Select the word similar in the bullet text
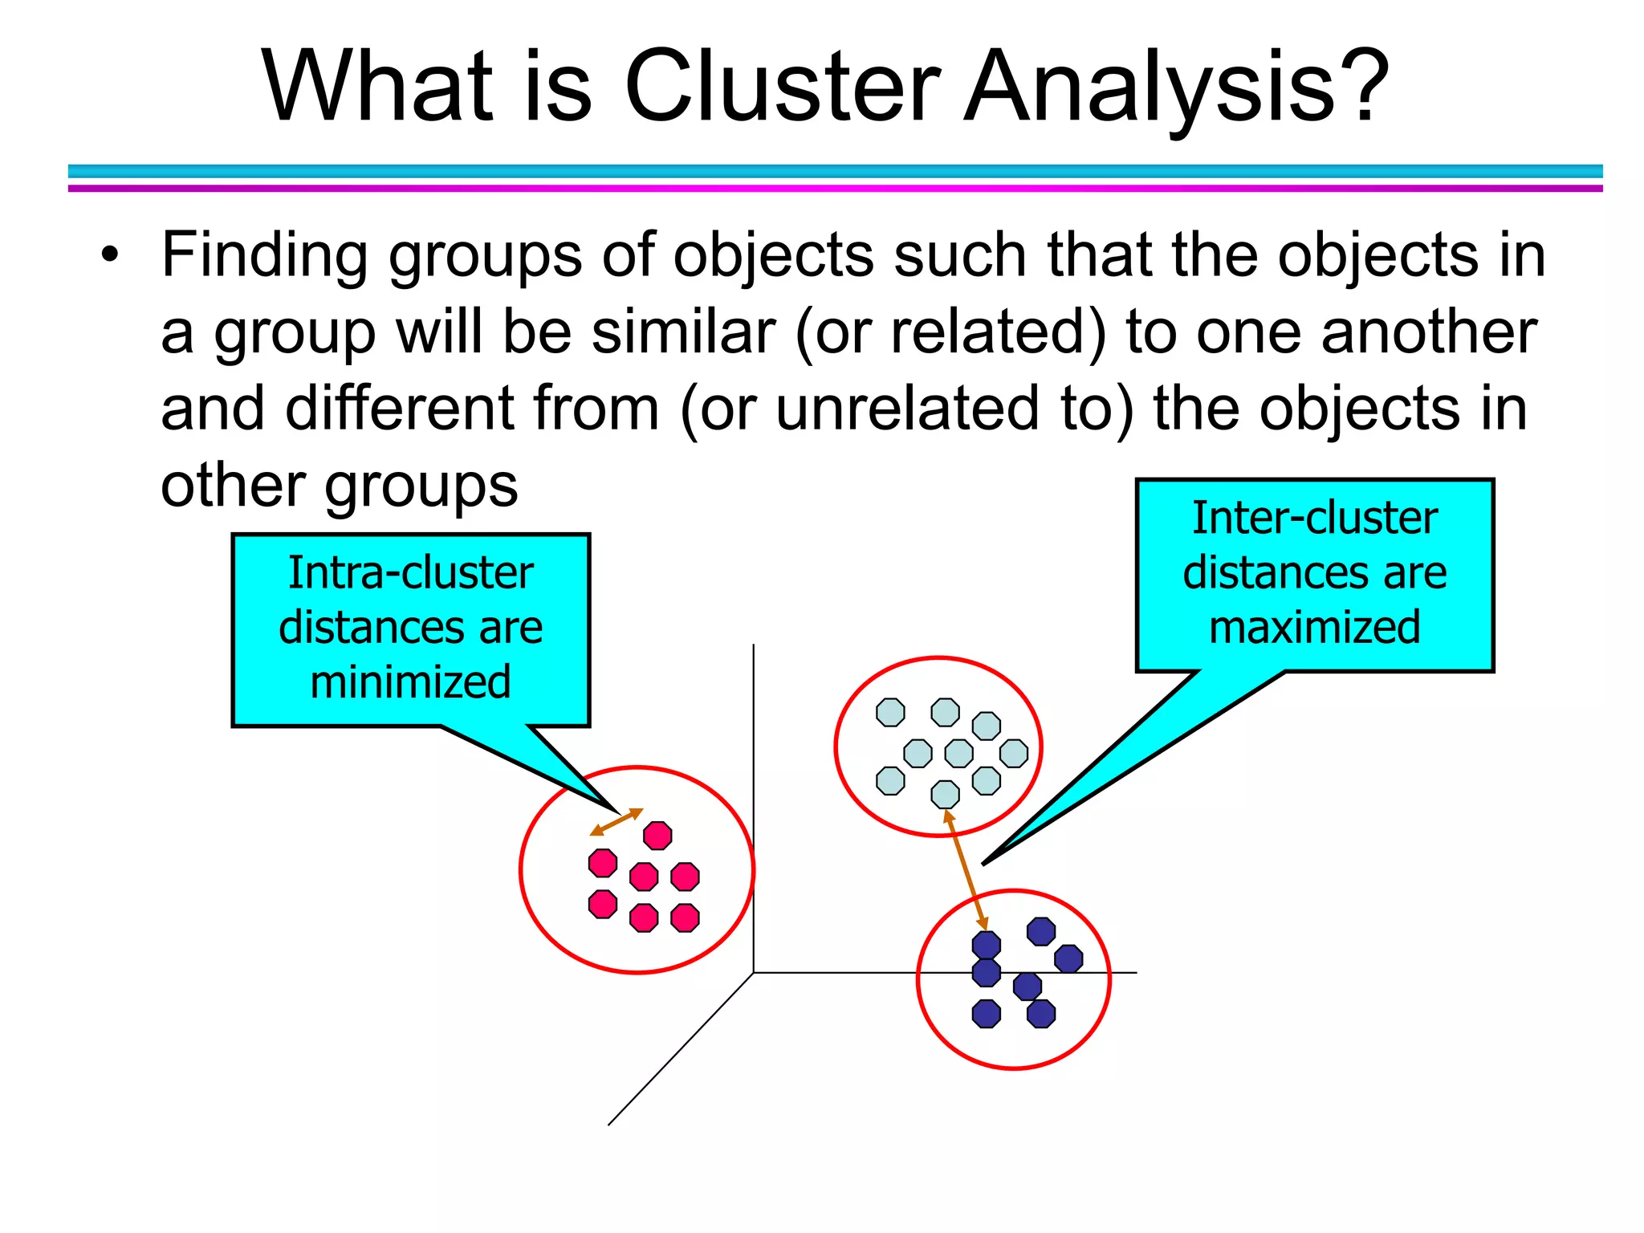click(683, 332)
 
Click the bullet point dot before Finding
click(110, 256)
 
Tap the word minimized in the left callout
click(410, 682)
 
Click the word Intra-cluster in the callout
click(410, 573)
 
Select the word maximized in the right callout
click(1314, 627)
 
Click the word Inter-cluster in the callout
click(1314, 518)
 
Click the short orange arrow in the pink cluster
click(616, 822)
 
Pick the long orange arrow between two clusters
click(966, 870)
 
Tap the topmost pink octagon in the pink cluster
click(657, 836)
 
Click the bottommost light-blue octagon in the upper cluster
click(945, 794)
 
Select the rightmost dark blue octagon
click(1068, 958)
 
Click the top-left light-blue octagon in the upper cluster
click(890, 712)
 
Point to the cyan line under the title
click(835, 171)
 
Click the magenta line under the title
click(835, 189)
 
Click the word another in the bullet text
click(1428, 332)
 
